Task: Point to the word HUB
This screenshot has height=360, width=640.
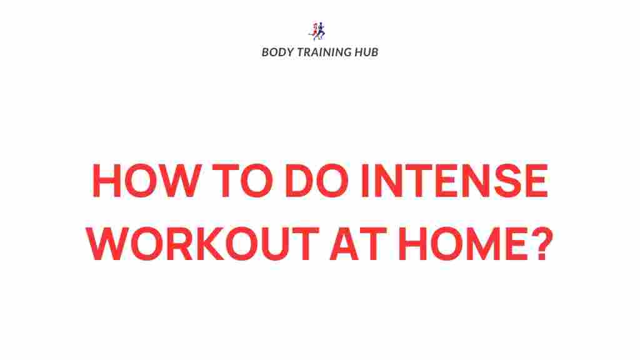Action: point(367,52)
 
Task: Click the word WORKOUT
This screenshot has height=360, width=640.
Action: point(204,245)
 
